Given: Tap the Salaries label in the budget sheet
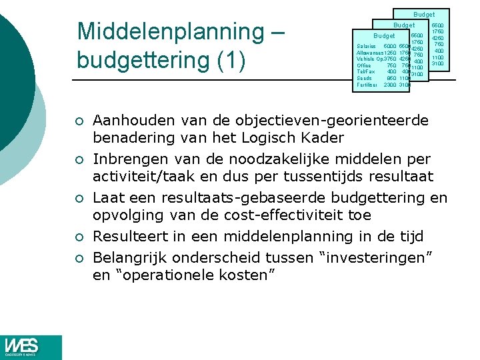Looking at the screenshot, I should click(x=368, y=46).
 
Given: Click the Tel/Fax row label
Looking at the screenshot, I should click(x=366, y=71).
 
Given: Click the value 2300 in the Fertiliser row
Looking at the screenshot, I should click(x=390, y=85).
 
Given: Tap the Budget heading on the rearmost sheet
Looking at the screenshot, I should click(x=424, y=14).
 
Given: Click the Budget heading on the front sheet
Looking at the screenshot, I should click(x=384, y=36).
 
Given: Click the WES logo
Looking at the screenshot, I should click(x=31, y=347).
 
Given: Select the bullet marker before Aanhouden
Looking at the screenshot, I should click(x=79, y=122).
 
